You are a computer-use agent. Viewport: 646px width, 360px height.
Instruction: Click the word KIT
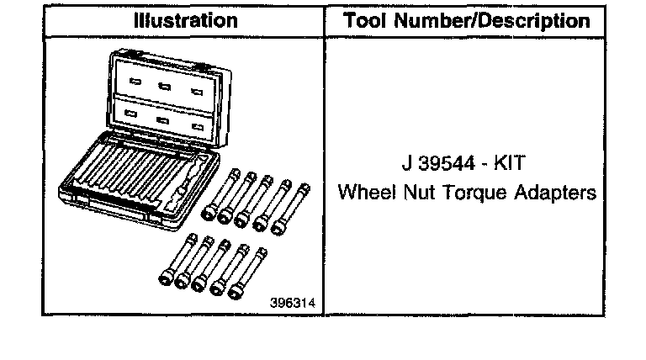508,163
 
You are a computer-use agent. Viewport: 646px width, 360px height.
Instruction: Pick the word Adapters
558,193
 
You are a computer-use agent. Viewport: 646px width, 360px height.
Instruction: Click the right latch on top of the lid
205,57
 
